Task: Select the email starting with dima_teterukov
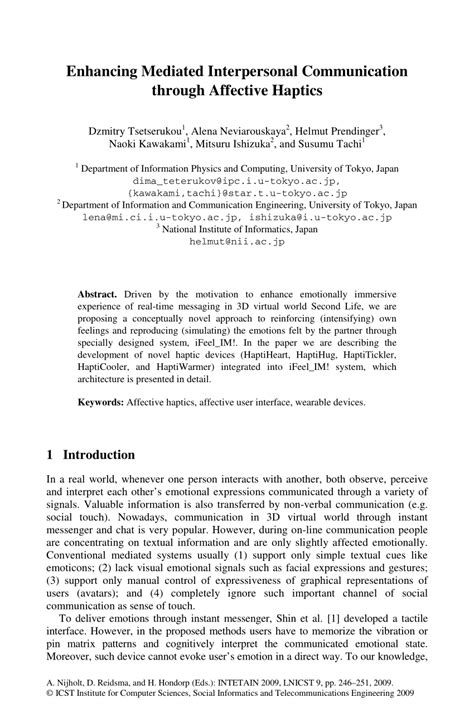[236, 182]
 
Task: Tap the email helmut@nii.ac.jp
[236, 241]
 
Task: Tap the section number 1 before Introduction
[51, 454]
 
